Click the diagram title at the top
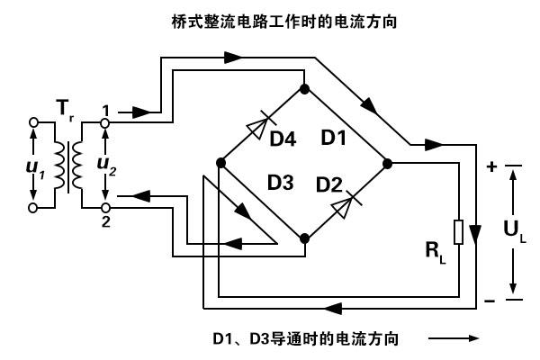(270, 18)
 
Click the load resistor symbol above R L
(459, 232)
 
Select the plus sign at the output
(492, 166)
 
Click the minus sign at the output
(492, 298)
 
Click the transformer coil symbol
(69, 164)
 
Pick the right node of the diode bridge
(388, 163)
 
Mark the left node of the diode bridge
(220, 163)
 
